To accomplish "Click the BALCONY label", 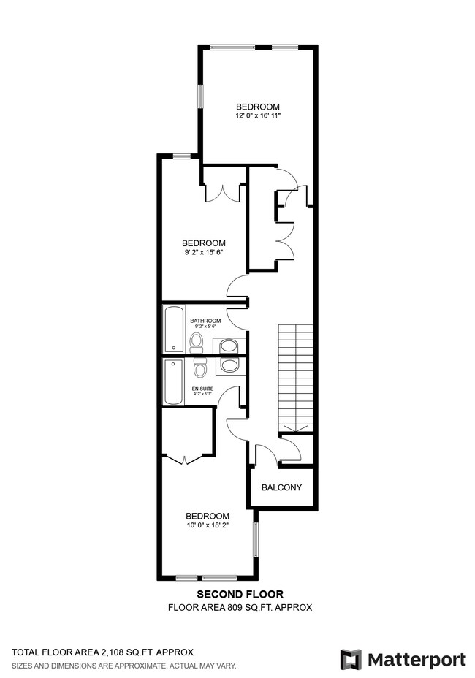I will (281, 487).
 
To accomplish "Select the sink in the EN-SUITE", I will (229, 365).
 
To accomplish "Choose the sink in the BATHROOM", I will (229, 346).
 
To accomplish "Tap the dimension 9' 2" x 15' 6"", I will (203, 252).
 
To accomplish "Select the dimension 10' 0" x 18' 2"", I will (207, 525).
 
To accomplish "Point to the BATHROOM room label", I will (205, 321).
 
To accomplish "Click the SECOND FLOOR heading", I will (240, 595).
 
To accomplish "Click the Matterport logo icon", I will (351, 659).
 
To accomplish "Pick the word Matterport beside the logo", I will (416, 659).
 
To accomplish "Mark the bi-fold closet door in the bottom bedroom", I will (186, 459).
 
